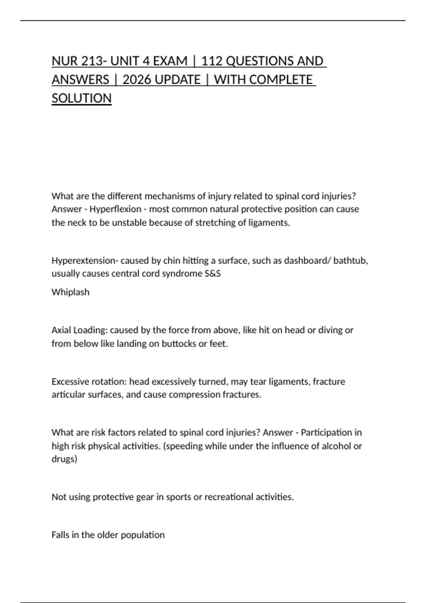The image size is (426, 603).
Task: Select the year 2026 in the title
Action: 137,79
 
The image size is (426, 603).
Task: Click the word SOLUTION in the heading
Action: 82,98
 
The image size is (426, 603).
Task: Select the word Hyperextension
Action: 83,261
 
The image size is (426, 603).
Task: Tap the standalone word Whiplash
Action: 70,292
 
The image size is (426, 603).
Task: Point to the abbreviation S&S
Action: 213,274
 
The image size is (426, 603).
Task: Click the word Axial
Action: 61,330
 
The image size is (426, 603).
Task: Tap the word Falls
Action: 60,535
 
